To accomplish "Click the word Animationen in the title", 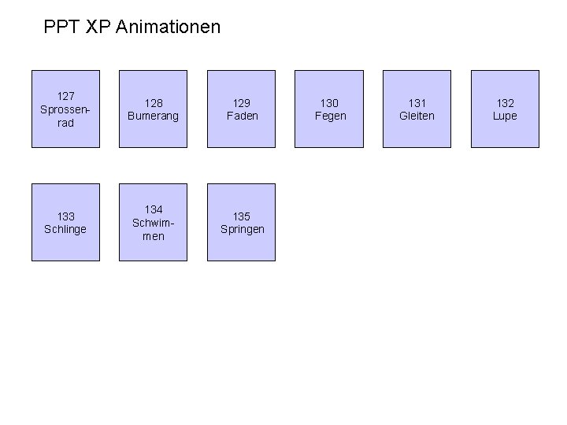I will [x=168, y=28].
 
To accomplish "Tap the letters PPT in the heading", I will [x=61, y=28].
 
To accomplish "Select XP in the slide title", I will [x=98, y=28].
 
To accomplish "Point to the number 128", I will [x=154, y=103].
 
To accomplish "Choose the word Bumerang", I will [x=154, y=116].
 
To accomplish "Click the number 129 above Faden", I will [x=242, y=103].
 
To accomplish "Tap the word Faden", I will [x=242, y=116].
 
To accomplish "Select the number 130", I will [x=330, y=103].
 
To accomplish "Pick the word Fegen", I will [x=330, y=116].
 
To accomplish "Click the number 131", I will [x=417, y=103].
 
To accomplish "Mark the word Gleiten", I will [x=417, y=116].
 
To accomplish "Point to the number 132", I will [x=506, y=103].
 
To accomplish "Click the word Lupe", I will [x=506, y=116].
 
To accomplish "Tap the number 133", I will [x=66, y=216].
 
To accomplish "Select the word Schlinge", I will [x=66, y=229].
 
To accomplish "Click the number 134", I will [x=154, y=209].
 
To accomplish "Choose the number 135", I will [x=242, y=216].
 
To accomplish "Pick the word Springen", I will [x=242, y=229].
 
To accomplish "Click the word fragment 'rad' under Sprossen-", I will [x=66, y=123].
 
